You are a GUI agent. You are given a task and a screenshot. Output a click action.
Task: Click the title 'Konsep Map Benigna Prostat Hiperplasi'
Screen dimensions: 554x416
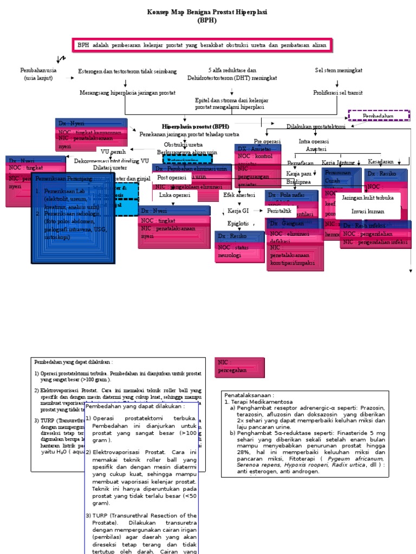pos(207,11)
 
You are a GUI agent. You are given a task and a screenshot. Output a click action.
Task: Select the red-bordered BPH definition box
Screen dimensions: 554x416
pos(202,45)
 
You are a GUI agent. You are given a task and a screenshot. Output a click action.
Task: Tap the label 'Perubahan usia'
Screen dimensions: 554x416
pos(38,70)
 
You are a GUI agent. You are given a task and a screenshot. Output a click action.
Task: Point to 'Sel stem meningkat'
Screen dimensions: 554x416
pos(339,70)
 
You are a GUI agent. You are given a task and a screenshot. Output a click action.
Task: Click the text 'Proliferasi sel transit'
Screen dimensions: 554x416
pos(337,93)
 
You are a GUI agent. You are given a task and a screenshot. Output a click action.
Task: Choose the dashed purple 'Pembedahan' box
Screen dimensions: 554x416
pos(379,116)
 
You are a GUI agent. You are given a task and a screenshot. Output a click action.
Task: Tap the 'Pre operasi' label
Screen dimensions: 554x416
pos(267,141)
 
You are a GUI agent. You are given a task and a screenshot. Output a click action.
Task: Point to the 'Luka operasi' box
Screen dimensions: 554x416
pos(172,195)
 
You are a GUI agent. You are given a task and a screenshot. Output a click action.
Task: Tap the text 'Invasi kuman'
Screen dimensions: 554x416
pos(368,211)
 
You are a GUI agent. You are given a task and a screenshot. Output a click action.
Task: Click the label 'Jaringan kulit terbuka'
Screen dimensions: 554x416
pos(368,198)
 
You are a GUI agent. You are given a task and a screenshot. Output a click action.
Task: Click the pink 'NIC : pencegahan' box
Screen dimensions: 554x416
pos(232,366)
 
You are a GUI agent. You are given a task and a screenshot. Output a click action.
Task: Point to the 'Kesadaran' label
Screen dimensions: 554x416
pos(381,162)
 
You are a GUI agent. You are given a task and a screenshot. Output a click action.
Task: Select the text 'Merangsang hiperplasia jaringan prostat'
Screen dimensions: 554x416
pos(127,93)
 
